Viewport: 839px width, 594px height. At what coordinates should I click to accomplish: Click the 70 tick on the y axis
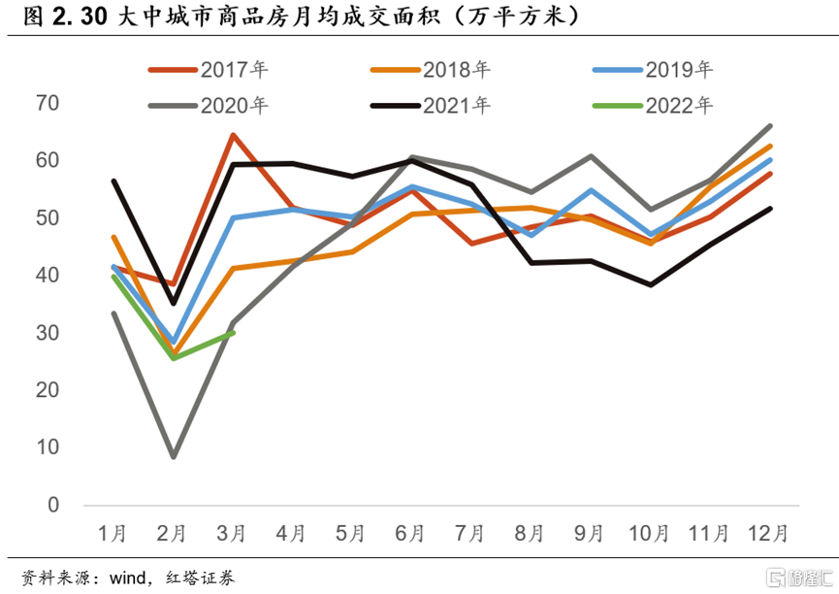pos(47,103)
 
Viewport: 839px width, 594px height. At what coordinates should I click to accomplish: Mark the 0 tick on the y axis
pos(53,506)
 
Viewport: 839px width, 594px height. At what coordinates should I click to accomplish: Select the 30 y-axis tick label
pos(47,333)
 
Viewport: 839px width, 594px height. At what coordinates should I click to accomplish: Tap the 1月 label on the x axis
pos(113,533)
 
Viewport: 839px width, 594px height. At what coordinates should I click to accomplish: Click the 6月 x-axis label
pos(410,533)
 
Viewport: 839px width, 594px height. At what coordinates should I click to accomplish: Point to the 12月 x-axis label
pos(767,533)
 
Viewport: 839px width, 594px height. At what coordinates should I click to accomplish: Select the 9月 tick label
pos(589,533)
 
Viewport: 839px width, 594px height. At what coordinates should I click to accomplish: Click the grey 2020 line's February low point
pos(173,456)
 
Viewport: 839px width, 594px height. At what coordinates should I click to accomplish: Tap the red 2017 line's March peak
pos(233,135)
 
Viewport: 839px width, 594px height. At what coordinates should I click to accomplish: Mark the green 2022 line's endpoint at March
pos(233,332)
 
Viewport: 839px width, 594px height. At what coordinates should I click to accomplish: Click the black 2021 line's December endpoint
pos(770,209)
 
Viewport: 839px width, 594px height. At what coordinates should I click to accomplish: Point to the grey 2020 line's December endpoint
pos(770,125)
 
